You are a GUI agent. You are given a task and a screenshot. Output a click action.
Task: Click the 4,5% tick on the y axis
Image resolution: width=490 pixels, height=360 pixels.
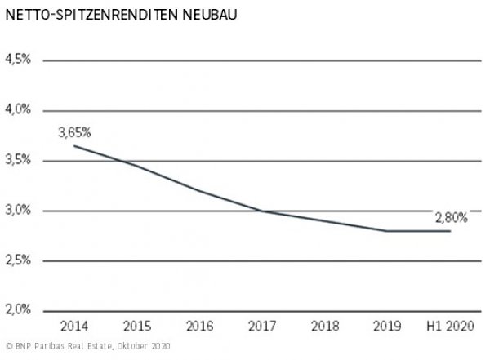pyautogui.click(x=17, y=60)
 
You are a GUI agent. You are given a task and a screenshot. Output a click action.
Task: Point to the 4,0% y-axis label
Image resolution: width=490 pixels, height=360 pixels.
pyautogui.click(x=17, y=109)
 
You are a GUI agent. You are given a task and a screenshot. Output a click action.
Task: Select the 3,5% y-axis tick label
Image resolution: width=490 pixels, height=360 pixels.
pyautogui.click(x=17, y=160)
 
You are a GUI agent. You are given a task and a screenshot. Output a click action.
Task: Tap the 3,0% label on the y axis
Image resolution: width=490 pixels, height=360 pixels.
pyautogui.click(x=17, y=210)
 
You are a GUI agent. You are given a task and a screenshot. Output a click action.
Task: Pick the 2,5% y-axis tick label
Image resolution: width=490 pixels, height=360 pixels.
pyautogui.click(x=17, y=260)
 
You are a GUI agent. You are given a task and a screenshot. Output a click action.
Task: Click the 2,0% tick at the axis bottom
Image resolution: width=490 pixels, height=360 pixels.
pyautogui.click(x=17, y=310)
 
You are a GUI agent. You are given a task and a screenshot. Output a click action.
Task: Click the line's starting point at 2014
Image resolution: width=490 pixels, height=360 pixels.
pyautogui.click(x=74, y=145)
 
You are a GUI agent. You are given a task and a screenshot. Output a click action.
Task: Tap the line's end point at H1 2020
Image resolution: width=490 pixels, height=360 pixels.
pyautogui.click(x=450, y=231)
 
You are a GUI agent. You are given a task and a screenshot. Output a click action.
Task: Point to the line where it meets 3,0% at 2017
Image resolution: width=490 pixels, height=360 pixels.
pyautogui.click(x=262, y=211)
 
